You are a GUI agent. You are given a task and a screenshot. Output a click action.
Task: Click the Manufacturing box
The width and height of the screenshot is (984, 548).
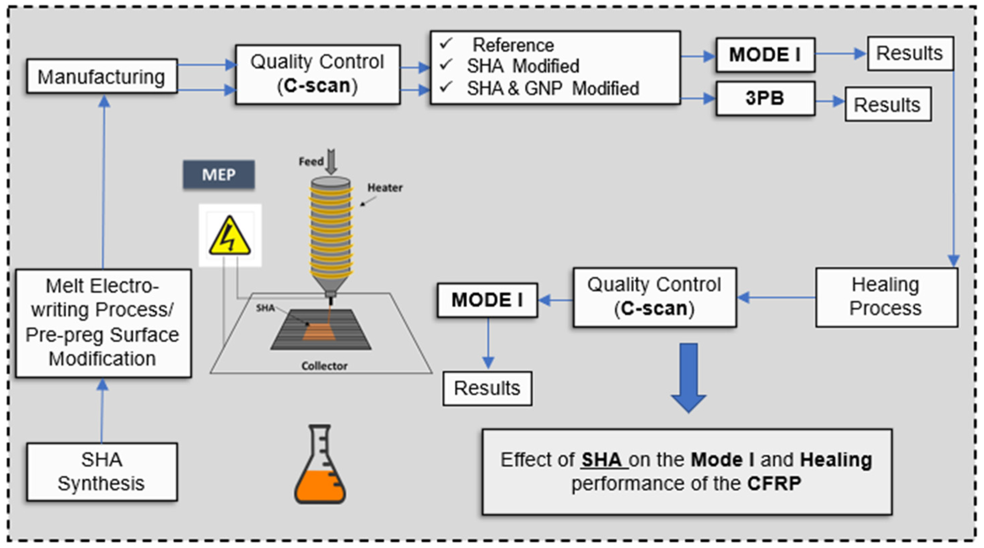pyautogui.click(x=102, y=76)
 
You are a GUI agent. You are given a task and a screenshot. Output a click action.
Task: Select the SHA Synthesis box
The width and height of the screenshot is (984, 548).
pyautogui.click(x=102, y=472)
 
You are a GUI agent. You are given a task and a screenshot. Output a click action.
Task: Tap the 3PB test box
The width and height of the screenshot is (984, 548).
pyautogui.click(x=765, y=98)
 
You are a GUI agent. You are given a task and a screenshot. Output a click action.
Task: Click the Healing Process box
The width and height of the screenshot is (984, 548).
pyautogui.click(x=887, y=297)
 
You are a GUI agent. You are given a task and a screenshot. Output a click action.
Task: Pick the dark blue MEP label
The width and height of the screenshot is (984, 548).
pyautogui.click(x=218, y=174)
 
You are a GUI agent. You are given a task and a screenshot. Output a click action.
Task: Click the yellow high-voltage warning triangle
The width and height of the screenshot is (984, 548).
pyautogui.click(x=230, y=236)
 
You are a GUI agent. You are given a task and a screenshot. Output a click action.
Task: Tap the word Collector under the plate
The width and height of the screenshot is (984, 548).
pyautogui.click(x=324, y=366)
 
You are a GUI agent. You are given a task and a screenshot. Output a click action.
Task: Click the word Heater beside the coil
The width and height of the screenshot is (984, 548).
pyautogui.click(x=385, y=187)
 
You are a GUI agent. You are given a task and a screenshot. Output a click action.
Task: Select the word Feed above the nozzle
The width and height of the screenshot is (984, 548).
pyautogui.click(x=311, y=162)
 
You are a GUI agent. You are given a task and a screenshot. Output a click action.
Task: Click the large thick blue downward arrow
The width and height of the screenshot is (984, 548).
pyautogui.click(x=689, y=378)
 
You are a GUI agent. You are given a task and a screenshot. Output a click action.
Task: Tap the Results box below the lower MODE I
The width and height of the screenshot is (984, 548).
pyautogui.click(x=487, y=388)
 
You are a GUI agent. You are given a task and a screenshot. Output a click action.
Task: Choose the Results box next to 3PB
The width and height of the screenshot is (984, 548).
pyautogui.click(x=888, y=104)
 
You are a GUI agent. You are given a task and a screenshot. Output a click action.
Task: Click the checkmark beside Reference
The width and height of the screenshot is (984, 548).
pyautogui.click(x=446, y=43)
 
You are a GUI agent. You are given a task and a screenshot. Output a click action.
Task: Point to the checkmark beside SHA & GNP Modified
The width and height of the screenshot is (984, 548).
pyautogui.click(x=446, y=87)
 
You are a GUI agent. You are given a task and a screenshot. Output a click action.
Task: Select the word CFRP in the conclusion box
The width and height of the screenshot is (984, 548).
pyautogui.click(x=774, y=483)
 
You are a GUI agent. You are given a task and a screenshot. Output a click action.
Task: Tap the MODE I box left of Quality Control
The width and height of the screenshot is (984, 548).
pyautogui.click(x=487, y=300)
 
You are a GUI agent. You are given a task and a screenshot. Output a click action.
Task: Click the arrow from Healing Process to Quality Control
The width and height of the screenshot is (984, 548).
pyautogui.click(x=776, y=297)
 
